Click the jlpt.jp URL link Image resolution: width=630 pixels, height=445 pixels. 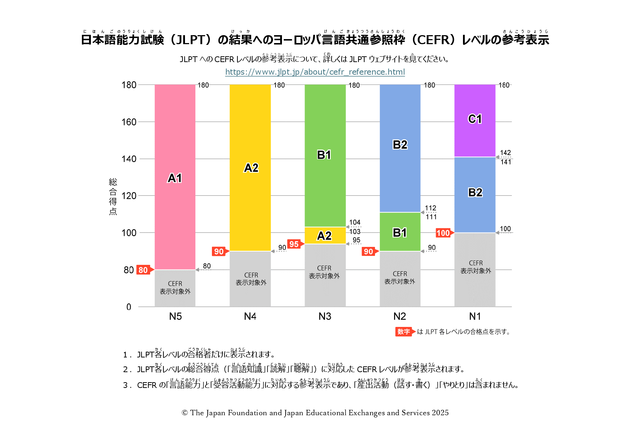[x=315, y=72]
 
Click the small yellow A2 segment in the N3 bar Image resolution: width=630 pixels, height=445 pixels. [x=325, y=235]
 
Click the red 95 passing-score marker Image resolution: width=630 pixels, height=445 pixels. [x=294, y=244]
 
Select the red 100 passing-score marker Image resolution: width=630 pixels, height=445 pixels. [x=443, y=233]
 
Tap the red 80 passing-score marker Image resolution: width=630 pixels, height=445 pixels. [x=143, y=270]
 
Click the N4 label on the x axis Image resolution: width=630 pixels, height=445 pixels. [x=250, y=316]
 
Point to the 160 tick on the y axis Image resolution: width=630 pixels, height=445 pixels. [x=129, y=122]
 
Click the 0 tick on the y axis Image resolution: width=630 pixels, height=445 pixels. [x=129, y=307]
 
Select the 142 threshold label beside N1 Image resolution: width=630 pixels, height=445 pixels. [x=505, y=153]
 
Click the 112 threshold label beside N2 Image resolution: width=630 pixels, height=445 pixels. [x=431, y=208]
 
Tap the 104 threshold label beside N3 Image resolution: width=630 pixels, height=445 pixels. [x=355, y=222]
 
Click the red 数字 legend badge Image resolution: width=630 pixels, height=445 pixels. [x=403, y=332]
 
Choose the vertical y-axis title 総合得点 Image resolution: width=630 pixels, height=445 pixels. [x=113, y=196]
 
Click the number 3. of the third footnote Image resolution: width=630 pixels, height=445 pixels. [x=126, y=385]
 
